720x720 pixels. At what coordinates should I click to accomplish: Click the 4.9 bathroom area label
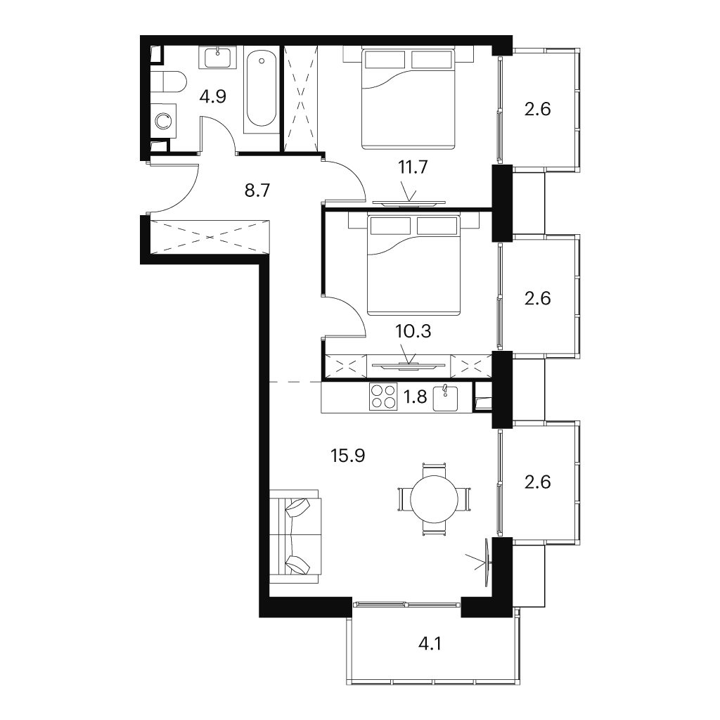point(213,97)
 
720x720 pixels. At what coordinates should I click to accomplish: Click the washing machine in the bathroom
point(163,121)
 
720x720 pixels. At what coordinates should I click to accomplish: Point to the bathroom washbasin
point(218,58)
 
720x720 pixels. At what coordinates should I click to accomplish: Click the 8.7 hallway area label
point(257,190)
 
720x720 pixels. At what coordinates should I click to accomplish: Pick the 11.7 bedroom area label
point(413,167)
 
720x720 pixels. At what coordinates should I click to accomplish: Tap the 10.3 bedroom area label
point(413,331)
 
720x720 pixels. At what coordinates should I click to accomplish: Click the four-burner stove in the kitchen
point(383,397)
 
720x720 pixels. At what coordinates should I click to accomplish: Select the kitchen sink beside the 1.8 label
point(445,398)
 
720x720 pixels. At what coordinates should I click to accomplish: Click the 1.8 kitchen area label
point(415,397)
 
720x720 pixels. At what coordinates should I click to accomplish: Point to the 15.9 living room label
point(347,456)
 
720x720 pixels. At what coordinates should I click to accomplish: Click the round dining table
point(434,499)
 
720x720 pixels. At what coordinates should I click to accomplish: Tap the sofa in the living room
point(295,536)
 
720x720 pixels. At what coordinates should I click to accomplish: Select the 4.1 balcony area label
point(430,644)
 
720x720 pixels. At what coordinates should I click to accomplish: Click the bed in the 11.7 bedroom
point(409,98)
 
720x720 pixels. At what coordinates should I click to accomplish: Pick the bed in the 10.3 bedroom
point(413,265)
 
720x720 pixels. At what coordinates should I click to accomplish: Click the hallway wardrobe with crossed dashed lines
point(210,236)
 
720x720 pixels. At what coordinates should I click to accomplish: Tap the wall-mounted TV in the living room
point(488,561)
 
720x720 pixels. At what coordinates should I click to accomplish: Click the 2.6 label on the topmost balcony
point(537,109)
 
